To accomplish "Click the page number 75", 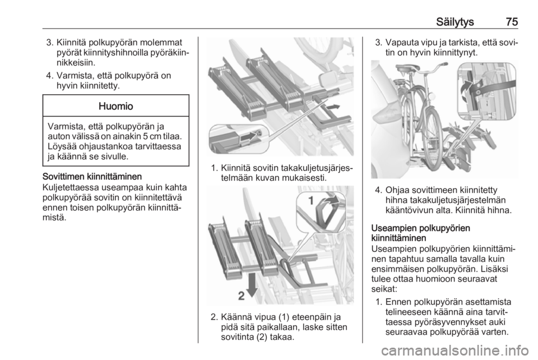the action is coord(511,22).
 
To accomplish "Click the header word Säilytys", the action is coord(455,22).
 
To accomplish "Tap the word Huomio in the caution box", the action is coord(116,106).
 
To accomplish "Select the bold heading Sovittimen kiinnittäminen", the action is coord(92,177).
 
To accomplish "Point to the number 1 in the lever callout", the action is coord(310,200).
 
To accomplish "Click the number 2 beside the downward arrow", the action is coord(242,296).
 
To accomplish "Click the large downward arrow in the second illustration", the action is coord(253,284).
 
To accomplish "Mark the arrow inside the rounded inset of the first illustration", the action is coord(250,137).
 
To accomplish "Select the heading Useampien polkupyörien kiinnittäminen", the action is coord(421,233).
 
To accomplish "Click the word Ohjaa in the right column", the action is coord(397,190).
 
